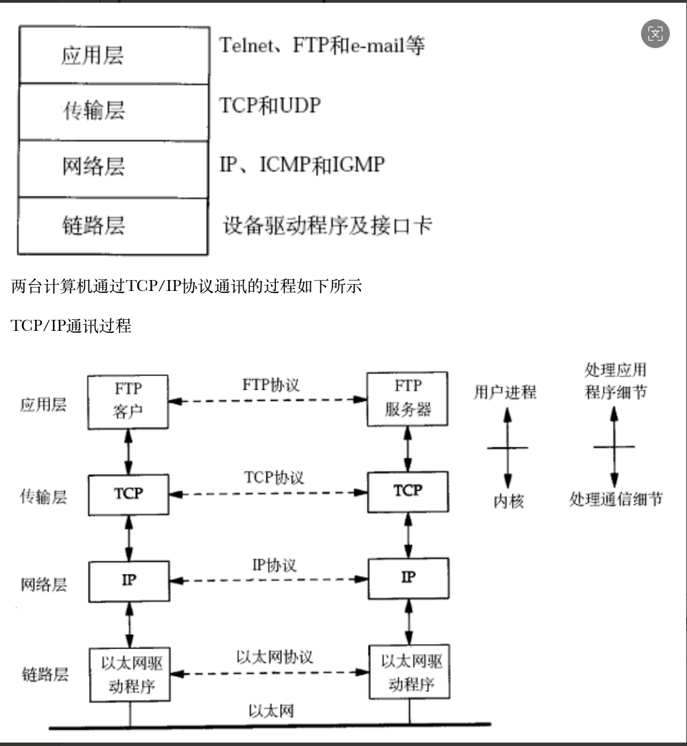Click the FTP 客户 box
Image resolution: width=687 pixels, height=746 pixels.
128,401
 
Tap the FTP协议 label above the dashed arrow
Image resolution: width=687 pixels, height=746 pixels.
271,384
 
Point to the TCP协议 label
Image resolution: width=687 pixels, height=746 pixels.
274,477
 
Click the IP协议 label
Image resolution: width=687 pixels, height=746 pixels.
274,565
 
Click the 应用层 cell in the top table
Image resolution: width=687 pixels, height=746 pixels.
113,56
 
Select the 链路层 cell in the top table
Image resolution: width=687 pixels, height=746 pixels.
113,226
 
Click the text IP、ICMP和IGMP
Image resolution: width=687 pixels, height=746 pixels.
302,165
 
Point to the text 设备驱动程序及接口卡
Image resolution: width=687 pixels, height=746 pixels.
328,225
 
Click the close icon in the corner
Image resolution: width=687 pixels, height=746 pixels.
655,34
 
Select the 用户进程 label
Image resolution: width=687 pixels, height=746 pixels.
505,392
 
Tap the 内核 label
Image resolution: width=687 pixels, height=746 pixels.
509,502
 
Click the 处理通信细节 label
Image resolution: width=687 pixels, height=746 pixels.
616,499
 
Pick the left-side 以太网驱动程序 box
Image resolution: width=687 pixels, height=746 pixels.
128,674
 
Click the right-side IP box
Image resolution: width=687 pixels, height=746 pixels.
408,579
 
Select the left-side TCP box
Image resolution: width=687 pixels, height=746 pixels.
128,493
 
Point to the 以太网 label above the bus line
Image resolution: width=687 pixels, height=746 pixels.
270,710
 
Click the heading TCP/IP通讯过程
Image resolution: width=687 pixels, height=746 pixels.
71,326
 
